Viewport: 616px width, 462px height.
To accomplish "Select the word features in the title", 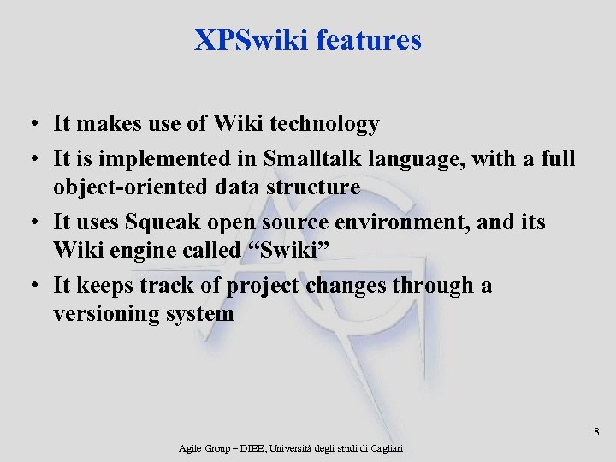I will (x=369, y=40).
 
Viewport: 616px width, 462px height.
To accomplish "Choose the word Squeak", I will (x=160, y=222).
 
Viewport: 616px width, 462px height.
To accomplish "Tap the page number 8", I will (x=596, y=432).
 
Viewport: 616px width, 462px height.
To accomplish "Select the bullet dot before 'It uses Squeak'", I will (x=30, y=223).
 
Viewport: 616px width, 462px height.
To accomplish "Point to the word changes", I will (x=346, y=285).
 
